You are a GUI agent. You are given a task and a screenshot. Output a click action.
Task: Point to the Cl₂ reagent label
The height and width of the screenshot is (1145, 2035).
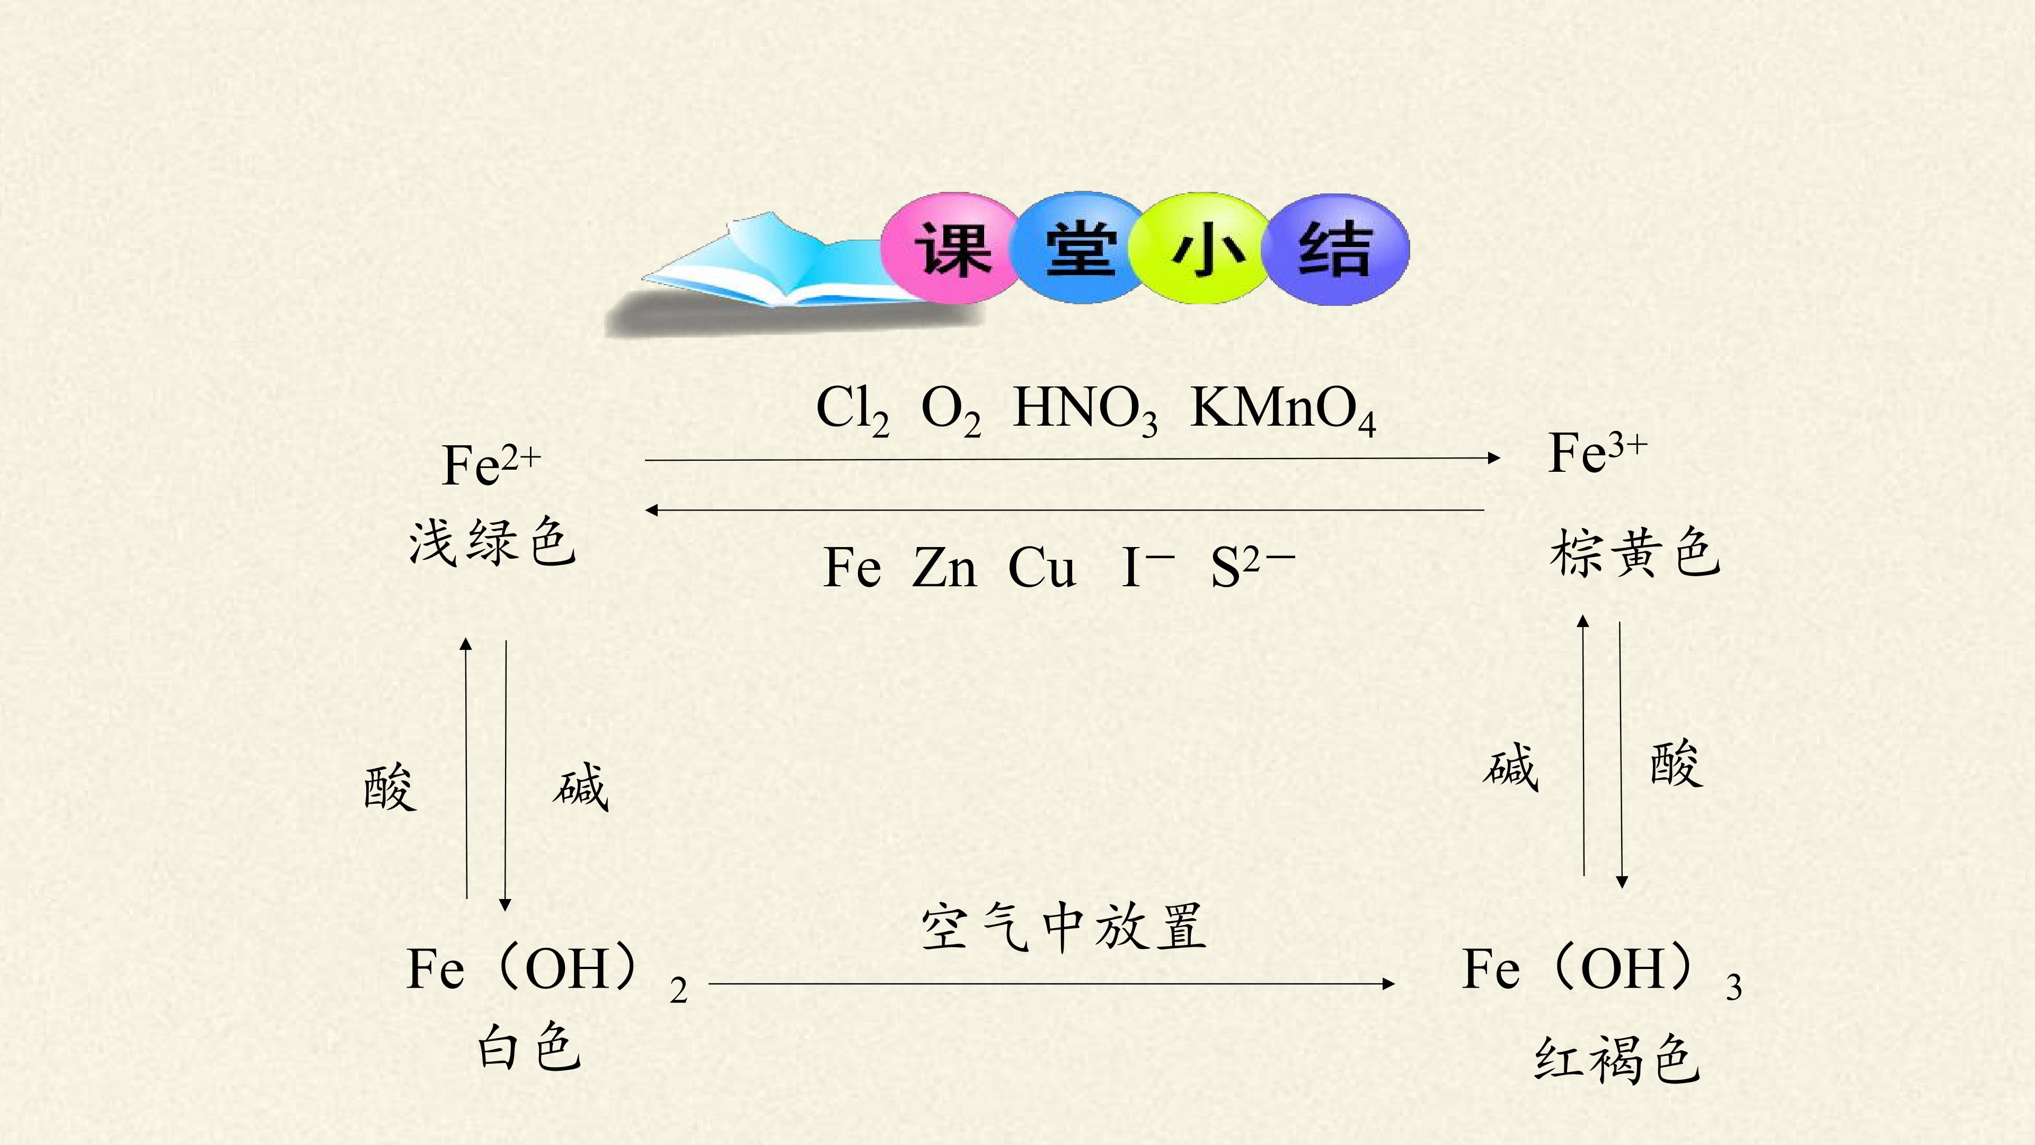852,411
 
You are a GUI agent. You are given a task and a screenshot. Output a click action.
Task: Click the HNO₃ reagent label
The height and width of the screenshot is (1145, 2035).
1085,411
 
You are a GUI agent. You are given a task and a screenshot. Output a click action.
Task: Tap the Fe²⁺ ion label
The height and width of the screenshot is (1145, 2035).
491,465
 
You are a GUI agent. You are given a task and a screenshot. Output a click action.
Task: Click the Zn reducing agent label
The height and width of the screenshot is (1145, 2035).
944,567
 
